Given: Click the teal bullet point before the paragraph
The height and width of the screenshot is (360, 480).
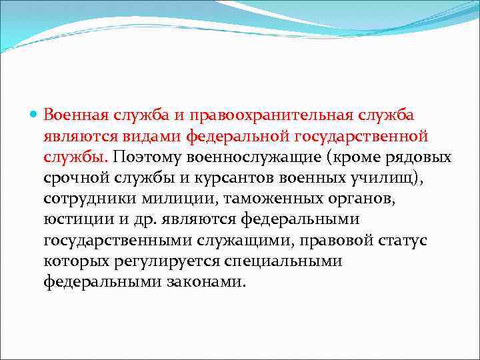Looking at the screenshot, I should point(35,115).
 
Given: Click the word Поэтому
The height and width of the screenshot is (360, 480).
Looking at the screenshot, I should point(149,157).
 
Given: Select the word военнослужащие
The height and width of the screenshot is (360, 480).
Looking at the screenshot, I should point(256,157).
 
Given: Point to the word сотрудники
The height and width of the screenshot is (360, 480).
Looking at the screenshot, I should point(86,199).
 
